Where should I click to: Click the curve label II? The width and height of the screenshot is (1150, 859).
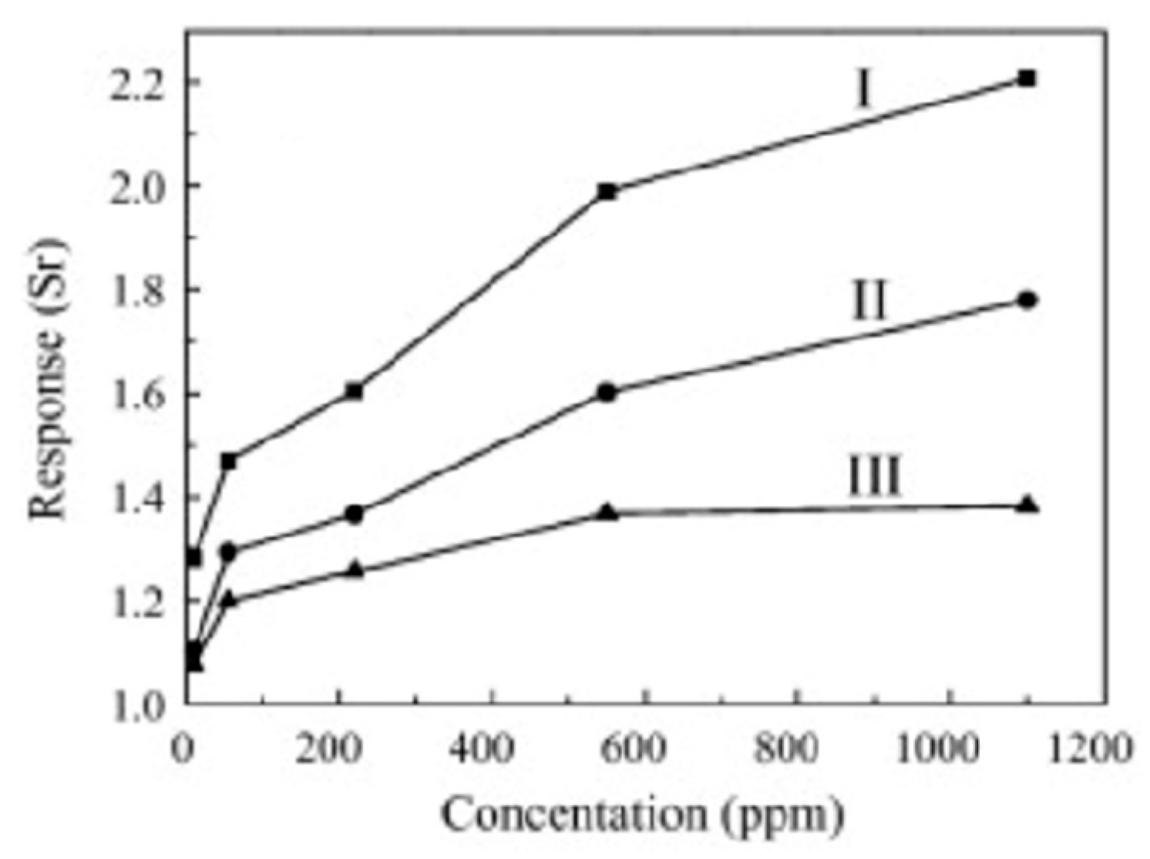pos(869,301)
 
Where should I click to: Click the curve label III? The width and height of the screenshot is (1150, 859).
pos(874,477)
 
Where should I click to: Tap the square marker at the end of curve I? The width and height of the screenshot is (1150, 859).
pos(1027,79)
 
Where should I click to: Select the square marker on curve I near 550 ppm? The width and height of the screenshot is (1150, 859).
pos(607,192)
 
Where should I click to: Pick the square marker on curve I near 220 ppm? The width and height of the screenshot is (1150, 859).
pos(354,391)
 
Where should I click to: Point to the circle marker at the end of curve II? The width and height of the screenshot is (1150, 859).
pos(1027,300)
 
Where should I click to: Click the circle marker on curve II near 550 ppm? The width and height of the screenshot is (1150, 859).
pos(607,392)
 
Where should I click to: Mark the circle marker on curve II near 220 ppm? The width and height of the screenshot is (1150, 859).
pos(354,514)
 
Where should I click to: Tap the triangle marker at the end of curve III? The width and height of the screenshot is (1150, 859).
pos(1027,506)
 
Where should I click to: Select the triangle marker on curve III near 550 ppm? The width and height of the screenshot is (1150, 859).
pos(607,511)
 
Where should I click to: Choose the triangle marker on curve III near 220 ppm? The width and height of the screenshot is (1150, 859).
pos(354,569)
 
